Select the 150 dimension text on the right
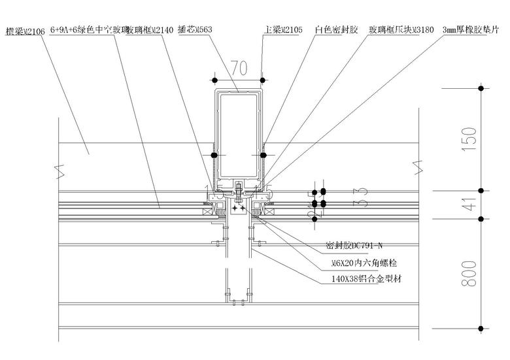[x=467, y=138]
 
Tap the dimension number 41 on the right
[x=467, y=205]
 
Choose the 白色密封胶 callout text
[x=336, y=30]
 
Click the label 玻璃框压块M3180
[x=401, y=30]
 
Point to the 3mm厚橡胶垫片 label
[x=471, y=30]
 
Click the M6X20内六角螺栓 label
[x=365, y=263]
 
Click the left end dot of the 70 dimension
[x=214, y=80]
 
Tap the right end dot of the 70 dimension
[x=262, y=80]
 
